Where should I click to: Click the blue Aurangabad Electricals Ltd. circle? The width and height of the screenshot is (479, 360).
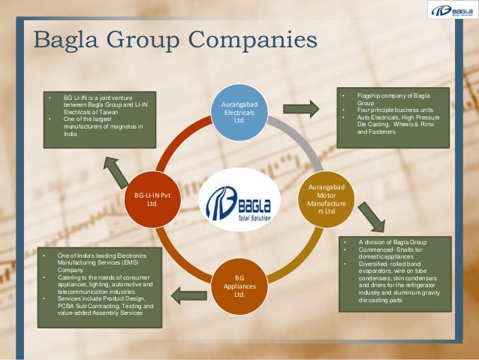click(x=239, y=111)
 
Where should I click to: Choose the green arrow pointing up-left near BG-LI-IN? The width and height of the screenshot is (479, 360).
click(x=116, y=171)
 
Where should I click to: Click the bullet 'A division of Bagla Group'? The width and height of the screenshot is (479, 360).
click(x=392, y=242)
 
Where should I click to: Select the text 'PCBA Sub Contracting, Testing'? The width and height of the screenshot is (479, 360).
click(x=105, y=306)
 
